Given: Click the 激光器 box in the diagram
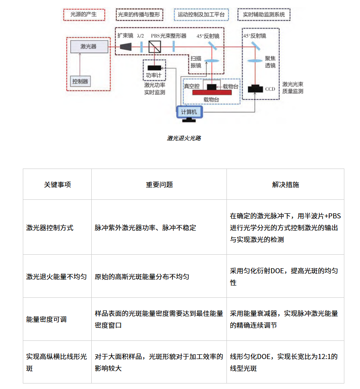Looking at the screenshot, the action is point(89,46).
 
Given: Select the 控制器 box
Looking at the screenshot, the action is point(80,82).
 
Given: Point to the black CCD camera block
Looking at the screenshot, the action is point(255,89).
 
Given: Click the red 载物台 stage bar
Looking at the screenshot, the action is point(212,92).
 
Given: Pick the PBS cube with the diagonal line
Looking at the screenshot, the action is point(155,46).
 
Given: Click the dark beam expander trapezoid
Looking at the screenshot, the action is point(126,46).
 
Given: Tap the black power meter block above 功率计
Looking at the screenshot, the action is point(154,68).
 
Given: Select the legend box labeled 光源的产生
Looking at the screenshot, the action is point(84,15).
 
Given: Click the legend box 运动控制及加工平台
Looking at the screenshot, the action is point(201,15).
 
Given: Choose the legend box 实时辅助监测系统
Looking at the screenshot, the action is point(264,15).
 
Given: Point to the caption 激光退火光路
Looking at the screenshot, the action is point(184,138).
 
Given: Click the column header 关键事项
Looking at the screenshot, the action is point(57,185).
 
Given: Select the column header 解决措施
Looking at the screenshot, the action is point(285,185).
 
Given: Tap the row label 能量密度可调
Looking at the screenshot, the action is point(46,319).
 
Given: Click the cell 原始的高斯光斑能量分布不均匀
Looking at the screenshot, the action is point(142,277).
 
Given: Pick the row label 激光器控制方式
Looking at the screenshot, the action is point(49,228).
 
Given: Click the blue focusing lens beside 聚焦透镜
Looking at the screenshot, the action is point(255,61).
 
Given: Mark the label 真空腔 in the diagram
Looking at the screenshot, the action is point(192,86).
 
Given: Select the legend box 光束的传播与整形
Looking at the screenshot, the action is point(139,15).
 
